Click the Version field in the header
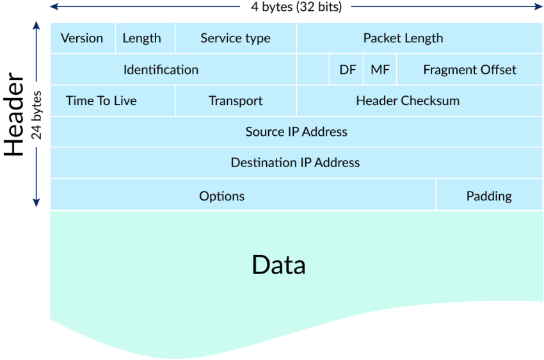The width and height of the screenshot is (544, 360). click(x=83, y=38)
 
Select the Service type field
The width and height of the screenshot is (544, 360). click(x=236, y=38)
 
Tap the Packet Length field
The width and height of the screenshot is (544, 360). click(x=420, y=38)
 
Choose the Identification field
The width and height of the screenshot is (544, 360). click(x=173, y=69)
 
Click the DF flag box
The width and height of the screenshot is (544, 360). click(x=347, y=69)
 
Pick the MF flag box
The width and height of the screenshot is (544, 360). click(x=380, y=69)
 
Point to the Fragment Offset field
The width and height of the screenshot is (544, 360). click(x=470, y=69)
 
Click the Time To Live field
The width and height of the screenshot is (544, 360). click(x=113, y=101)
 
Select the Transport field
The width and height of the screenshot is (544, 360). click(x=236, y=101)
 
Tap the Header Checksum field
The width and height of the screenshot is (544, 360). click(x=420, y=101)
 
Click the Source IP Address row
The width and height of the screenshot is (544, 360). click(x=296, y=132)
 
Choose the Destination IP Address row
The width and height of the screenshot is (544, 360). click(x=296, y=163)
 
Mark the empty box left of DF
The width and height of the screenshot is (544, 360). click(x=313, y=69)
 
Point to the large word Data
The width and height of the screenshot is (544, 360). click(x=278, y=265)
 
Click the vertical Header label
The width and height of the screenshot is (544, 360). click(x=14, y=114)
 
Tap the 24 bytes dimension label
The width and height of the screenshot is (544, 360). click(x=36, y=115)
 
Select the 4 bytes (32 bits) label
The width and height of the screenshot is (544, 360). click(x=296, y=6)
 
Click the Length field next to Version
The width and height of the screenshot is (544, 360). click(x=145, y=38)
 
